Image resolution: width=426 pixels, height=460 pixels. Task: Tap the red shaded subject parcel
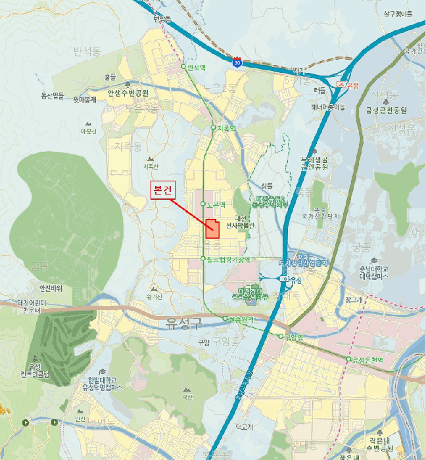point(213,229)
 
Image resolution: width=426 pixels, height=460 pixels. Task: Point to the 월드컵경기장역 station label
point(229,260)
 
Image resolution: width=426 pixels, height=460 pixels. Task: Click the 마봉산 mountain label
point(88,131)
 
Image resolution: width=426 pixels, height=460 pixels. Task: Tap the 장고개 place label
point(352,300)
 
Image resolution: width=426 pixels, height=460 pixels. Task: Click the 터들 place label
point(319,89)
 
